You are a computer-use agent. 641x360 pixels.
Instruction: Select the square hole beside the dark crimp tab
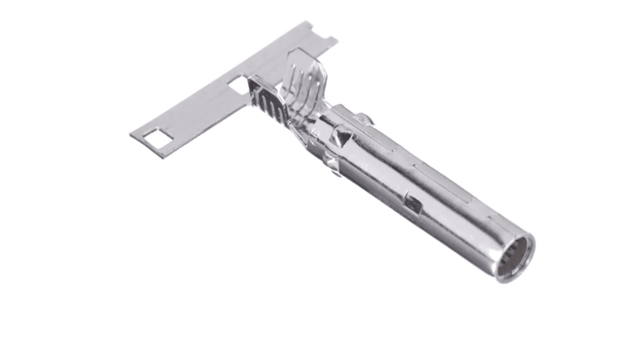coord(238,85)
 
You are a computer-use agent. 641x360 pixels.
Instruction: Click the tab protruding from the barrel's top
coord(365,118)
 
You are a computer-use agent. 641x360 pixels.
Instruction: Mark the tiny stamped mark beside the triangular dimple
coord(316,134)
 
